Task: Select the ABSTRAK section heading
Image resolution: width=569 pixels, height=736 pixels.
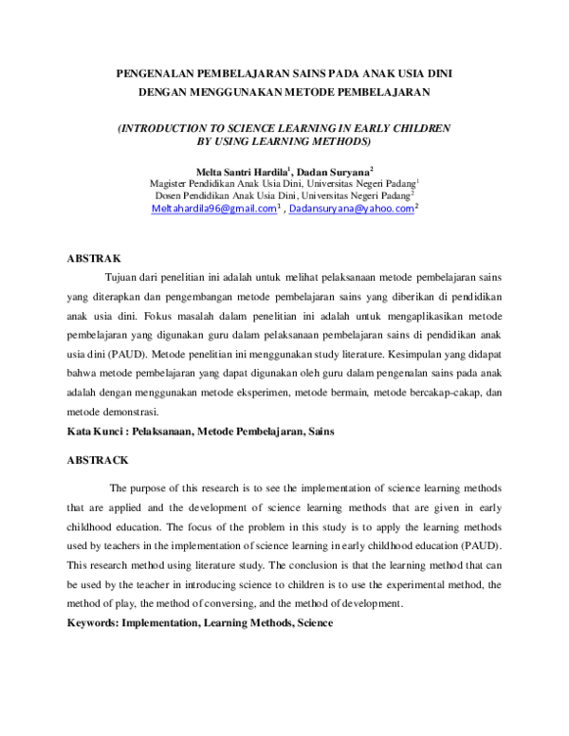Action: coord(94,257)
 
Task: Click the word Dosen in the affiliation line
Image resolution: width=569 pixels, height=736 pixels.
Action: coord(170,195)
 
